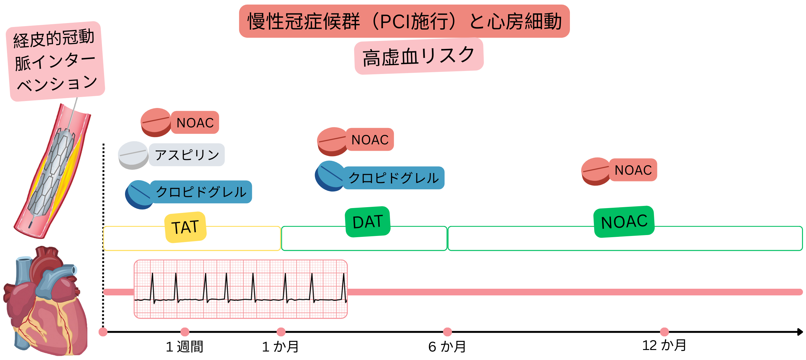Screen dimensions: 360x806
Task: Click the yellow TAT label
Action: click(x=185, y=227)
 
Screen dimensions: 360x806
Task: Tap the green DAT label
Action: click(x=367, y=222)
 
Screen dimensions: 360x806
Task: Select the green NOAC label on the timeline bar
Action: click(x=624, y=222)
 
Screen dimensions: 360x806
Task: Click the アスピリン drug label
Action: click(x=187, y=155)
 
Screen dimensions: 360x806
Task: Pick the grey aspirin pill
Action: click(x=133, y=155)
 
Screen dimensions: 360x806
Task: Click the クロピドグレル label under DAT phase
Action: click(x=394, y=178)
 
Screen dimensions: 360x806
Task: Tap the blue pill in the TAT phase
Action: click(x=139, y=194)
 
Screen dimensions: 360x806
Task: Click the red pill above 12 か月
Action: click(x=595, y=171)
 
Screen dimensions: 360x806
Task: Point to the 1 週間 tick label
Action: click(x=185, y=347)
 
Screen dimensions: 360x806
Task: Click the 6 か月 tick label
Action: click(x=447, y=347)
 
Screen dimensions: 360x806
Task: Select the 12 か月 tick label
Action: click(x=664, y=345)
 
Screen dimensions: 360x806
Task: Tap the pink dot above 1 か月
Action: click(x=281, y=331)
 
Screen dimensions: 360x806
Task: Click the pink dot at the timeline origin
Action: click(x=103, y=332)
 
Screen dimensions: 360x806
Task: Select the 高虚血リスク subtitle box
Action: click(x=419, y=56)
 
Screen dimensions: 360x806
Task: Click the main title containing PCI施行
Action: click(x=404, y=21)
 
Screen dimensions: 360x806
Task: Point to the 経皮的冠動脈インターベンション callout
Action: click(x=55, y=61)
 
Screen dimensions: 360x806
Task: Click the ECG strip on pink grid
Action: click(x=241, y=289)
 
